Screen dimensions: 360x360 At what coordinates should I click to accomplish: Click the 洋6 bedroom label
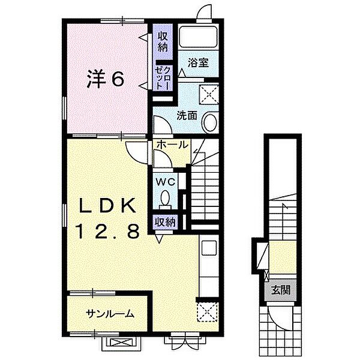(x=106, y=79)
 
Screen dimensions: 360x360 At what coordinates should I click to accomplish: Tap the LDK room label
(x=107, y=206)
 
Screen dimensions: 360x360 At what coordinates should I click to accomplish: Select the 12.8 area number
(x=109, y=231)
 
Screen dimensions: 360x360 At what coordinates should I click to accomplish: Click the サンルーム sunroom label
(x=110, y=314)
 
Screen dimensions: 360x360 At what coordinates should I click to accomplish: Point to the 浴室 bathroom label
(x=198, y=62)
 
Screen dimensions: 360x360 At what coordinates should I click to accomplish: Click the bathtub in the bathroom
(x=198, y=37)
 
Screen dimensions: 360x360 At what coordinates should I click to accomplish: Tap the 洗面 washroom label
(x=187, y=115)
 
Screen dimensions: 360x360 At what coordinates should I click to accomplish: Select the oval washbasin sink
(x=210, y=122)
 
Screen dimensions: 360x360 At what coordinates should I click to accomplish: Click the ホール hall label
(x=172, y=145)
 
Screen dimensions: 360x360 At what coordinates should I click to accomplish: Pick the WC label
(x=166, y=182)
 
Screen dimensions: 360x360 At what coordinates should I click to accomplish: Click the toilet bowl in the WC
(x=166, y=197)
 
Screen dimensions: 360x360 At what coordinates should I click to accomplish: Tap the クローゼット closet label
(x=163, y=78)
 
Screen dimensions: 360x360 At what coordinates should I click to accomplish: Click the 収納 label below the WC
(x=166, y=222)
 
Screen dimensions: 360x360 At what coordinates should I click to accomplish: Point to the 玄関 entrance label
(x=281, y=290)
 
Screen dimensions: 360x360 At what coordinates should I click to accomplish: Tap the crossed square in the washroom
(x=209, y=95)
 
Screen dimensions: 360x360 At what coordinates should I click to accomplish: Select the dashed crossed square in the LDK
(x=208, y=312)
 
